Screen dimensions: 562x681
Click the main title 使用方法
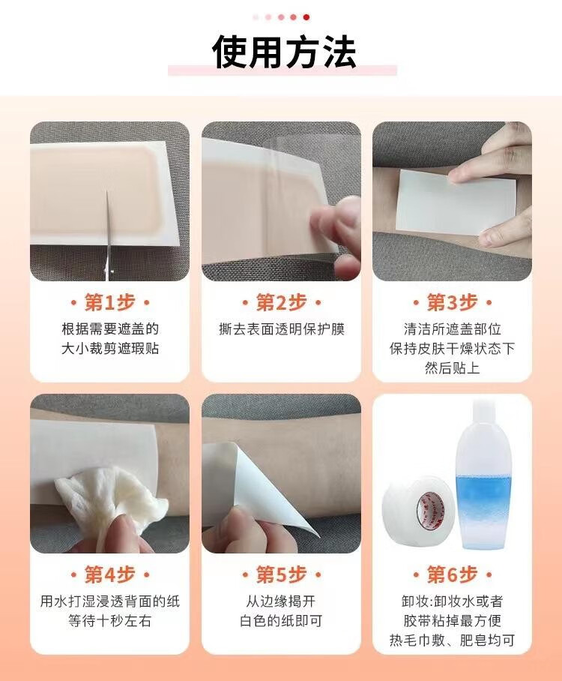pyautogui.click(x=284, y=52)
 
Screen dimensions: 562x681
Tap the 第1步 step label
pyautogui.click(x=110, y=302)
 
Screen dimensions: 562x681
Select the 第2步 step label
pyautogui.click(x=281, y=302)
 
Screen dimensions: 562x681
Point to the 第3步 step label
pyautogui.click(x=452, y=302)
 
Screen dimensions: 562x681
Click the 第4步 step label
pyautogui.click(x=110, y=574)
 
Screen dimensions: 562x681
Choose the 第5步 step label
pyautogui.click(x=281, y=574)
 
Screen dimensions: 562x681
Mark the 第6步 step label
pyautogui.click(x=452, y=574)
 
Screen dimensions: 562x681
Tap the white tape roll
pyautogui.click(x=417, y=508)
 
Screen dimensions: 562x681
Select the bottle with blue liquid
pyautogui.click(x=483, y=475)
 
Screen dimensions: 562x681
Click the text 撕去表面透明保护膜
pyautogui.click(x=282, y=329)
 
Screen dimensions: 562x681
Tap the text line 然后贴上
pyautogui.click(x=452, y=367)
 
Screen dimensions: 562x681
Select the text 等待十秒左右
pyautogui.click(x=110, y=621)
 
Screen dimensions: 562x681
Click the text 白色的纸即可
pyautogui.click(x=281, y=621)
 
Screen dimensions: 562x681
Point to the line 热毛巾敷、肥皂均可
pyautogui.click(x=452, y=640)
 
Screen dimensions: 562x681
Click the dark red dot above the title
pyautogui.click(x=306, y=17)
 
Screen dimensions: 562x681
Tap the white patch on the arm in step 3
pyautogui.click(x=456, y=202)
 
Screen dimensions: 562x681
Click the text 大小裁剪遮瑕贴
pyautogui.click(x=110, y=349)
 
